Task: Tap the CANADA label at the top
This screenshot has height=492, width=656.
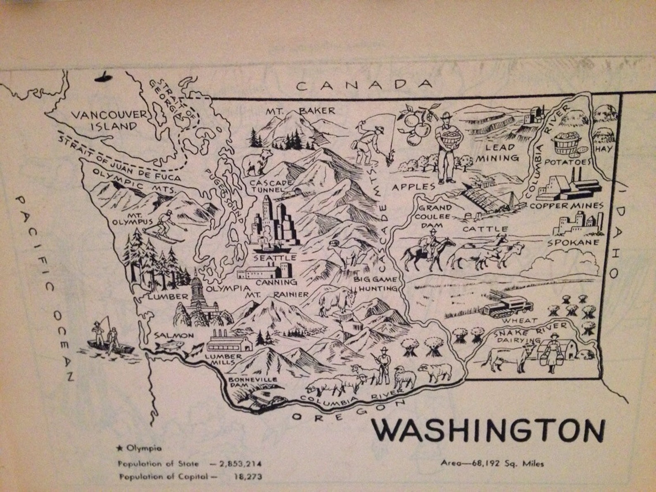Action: [x=364, y=86]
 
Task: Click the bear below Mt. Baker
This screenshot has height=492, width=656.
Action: [x=257, y=162]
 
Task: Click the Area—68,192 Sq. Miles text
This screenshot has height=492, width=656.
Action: [x=492, y=463]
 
